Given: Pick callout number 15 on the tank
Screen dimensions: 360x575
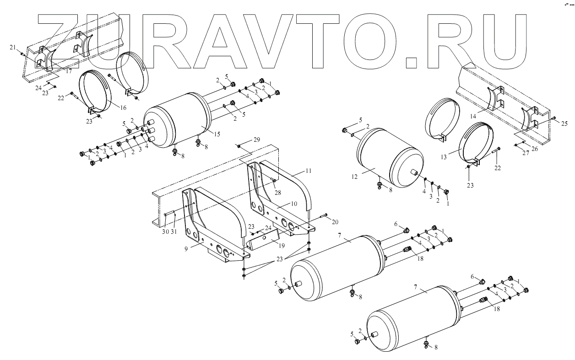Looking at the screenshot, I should point(217,134).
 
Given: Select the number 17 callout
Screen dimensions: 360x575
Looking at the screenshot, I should point(69,71).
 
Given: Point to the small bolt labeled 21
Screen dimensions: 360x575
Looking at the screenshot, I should point(22,54).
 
